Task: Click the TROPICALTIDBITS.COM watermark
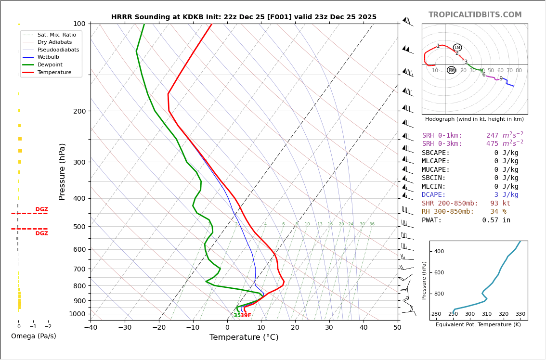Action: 475,15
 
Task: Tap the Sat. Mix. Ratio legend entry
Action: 56,35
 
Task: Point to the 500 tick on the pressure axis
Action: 80,227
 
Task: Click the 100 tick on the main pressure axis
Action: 80,24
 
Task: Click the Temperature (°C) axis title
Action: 244,337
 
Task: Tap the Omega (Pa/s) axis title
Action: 33,336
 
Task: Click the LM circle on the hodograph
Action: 457,47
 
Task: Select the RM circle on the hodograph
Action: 451,70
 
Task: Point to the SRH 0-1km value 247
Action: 492,136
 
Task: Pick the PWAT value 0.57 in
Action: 496,220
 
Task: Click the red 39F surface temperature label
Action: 246,316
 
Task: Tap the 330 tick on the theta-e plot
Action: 520,314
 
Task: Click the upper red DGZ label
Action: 41,209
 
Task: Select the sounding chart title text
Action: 244,17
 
